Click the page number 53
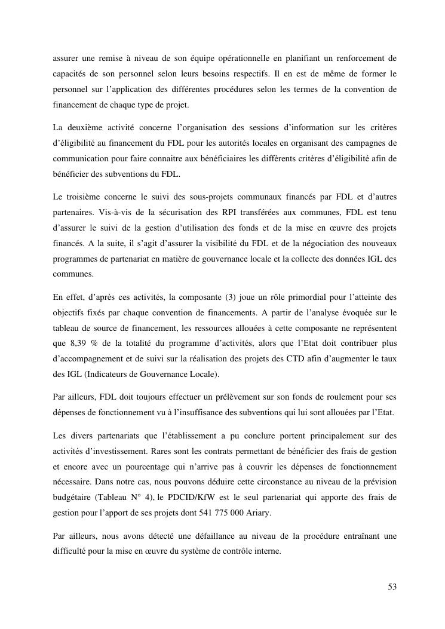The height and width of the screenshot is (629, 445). pos(392,587)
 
